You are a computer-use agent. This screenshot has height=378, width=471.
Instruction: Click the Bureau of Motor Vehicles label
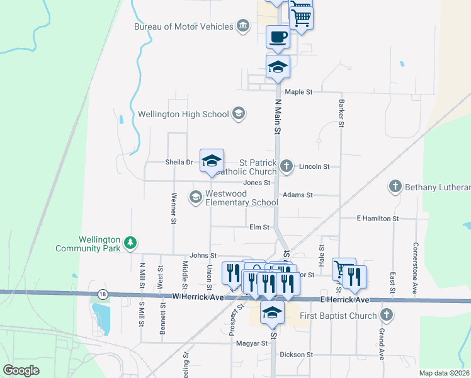click(182, 26)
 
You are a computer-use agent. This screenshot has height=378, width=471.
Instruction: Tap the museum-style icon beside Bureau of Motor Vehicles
click(242, 26)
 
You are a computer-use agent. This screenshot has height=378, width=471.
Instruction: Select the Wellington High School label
click(183, 114)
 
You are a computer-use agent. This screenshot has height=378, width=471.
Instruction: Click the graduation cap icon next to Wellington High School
click(238, 113)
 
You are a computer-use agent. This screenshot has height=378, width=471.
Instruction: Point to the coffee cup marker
click(278, 37)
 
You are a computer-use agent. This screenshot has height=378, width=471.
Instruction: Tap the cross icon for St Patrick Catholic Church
click(287, 166)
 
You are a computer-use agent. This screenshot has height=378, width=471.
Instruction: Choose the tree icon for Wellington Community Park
click(130, 242)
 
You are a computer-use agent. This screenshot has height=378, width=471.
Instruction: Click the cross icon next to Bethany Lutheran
click(395, 186)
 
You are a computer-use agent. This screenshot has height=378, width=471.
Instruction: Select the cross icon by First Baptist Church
click(387, 315)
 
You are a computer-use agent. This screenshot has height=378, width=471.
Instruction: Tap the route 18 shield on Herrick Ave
click(103, 294)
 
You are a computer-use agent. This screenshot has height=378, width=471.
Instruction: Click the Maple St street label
click(298, 92)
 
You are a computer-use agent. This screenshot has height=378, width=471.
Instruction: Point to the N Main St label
click(277, 116)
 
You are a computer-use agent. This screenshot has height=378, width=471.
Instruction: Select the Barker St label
click(341, 112)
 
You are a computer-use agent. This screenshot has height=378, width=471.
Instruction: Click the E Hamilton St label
click(378, 218)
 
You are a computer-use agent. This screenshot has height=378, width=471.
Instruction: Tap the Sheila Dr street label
click(179, 162)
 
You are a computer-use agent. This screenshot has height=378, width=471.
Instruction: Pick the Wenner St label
click(173, 209)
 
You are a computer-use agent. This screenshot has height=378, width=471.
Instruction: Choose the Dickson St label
click(297, 355)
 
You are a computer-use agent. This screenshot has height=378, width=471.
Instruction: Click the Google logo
click(22, 370)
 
